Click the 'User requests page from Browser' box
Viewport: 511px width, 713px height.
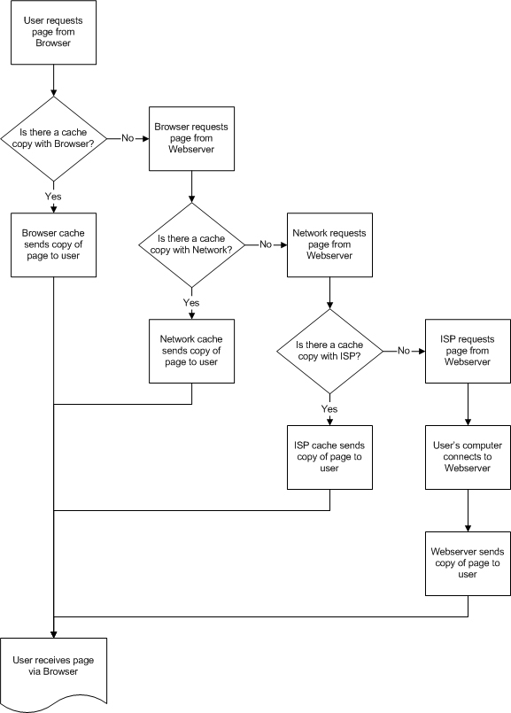pos(54,32)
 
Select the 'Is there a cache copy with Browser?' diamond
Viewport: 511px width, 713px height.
pos(54,138)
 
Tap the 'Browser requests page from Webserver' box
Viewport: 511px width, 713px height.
pos(191,139)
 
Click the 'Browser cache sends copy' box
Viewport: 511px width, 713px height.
pos(54,244)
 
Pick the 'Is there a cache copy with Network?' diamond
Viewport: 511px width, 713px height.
pos(191,244)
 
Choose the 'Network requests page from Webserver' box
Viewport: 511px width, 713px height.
pos(329,244)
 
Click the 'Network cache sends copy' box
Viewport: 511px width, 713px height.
pos(191,351)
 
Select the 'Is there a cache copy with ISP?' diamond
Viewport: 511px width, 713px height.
pos(329,352)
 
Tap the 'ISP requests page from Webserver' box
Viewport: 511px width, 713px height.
pos(468,351)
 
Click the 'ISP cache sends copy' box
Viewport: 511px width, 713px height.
pos(329,457)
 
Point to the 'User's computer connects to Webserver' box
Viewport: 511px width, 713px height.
pos(468,457)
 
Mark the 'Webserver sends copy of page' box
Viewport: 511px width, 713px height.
pos(468,563)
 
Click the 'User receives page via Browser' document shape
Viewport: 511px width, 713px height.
pos(54,669)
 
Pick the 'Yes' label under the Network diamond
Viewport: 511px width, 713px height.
pos(191,303)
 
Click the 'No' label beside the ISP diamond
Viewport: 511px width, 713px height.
pos(404,352)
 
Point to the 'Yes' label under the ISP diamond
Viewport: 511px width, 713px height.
pos(329,409)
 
